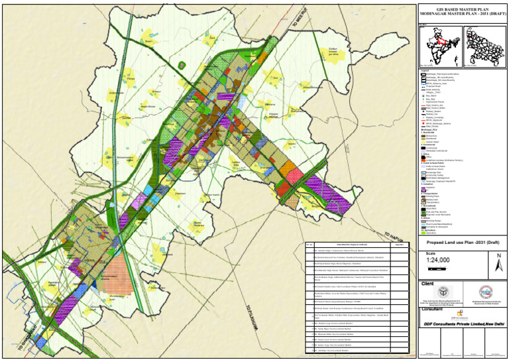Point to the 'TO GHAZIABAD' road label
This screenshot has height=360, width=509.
(21, 336)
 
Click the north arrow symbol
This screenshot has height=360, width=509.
(498, 263)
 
